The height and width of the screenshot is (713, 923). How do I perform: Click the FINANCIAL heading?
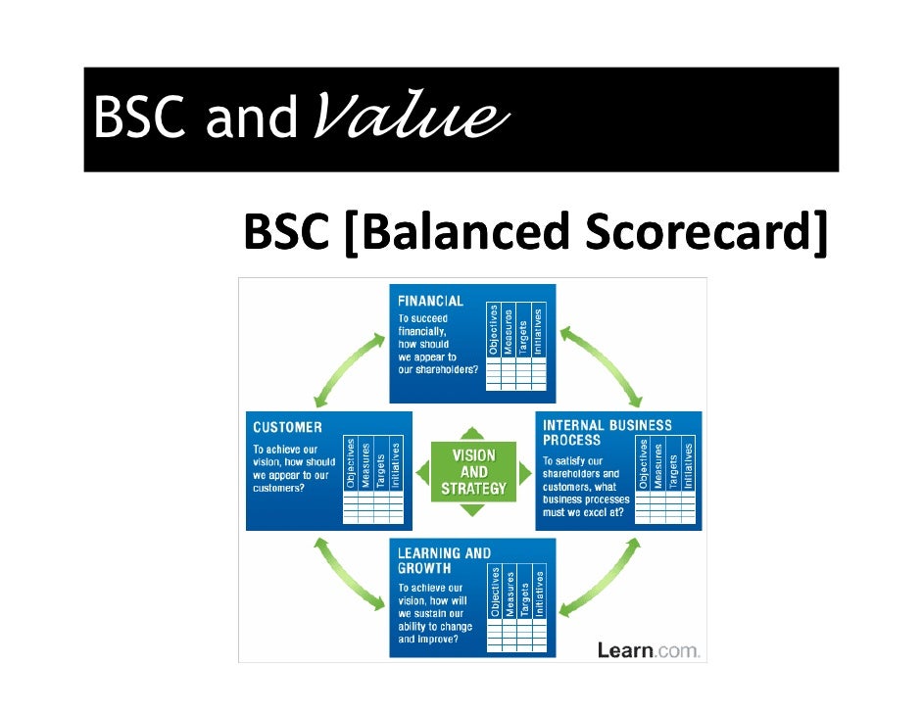430,301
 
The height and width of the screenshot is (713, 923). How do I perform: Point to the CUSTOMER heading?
287,427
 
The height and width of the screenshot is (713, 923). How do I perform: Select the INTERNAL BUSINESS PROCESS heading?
607,432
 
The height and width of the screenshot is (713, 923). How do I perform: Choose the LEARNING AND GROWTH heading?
444,560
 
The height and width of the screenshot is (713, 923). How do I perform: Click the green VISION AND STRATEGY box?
472,471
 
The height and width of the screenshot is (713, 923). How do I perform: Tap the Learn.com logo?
649,649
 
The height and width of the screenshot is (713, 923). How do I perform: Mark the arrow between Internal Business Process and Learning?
601,578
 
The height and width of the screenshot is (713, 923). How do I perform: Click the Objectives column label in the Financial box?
494,331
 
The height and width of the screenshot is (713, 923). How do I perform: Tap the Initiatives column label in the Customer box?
396,464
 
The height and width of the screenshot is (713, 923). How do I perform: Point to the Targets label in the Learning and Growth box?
525,594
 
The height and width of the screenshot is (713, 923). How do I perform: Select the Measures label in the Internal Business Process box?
658,465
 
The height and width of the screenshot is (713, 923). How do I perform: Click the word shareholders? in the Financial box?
452,370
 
